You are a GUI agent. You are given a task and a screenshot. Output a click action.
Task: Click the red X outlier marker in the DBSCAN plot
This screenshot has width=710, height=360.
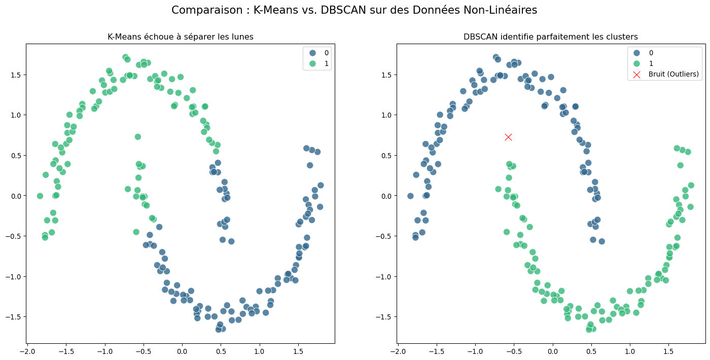click(x=508, y=137)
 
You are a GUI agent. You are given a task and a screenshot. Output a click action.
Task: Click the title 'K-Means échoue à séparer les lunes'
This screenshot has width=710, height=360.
click(x=181, y=37)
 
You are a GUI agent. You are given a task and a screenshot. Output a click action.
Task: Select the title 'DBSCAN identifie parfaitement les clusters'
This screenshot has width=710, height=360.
click(x=551, y=37)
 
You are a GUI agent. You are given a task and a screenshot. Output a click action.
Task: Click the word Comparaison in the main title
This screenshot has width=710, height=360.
click(x=199, y=10)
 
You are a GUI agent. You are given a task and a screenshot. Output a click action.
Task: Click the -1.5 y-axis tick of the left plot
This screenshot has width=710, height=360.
click(x=13, y=317)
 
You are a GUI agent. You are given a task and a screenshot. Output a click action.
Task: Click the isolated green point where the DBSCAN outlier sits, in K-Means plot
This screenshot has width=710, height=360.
click(x=137, y=137)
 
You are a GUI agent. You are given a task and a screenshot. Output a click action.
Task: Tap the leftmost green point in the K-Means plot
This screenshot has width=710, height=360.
click(x=40, y=196)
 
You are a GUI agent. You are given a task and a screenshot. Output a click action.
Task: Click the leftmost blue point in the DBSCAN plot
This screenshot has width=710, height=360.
click(x=411, y=196)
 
